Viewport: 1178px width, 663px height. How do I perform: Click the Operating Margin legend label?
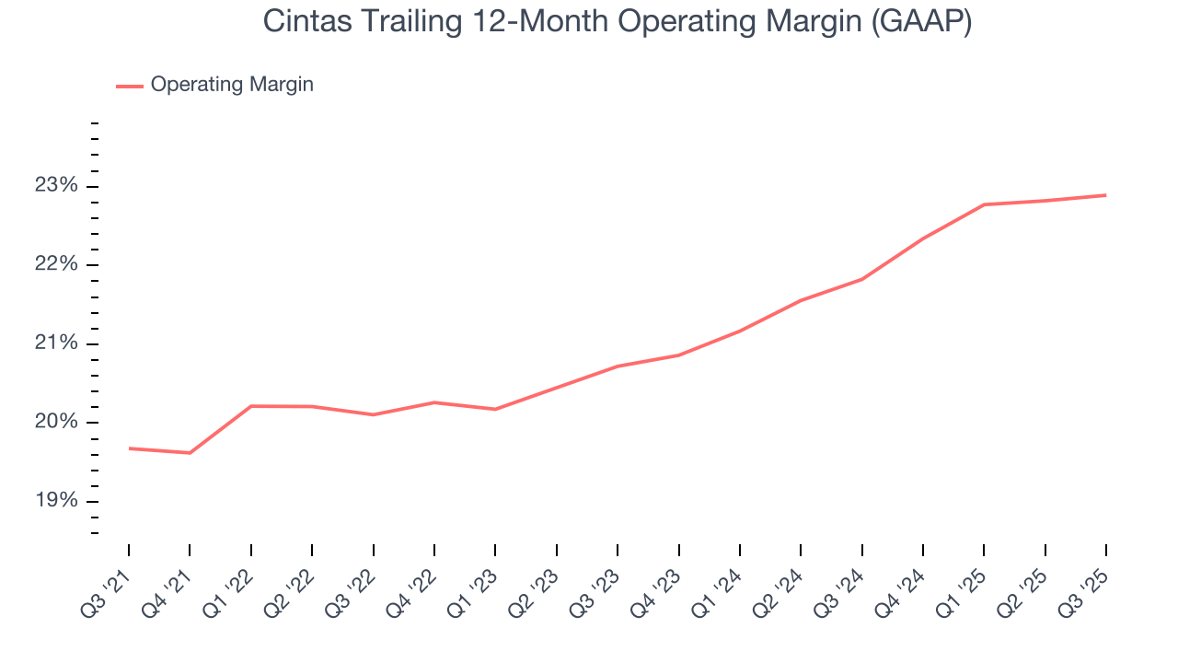(232, 85)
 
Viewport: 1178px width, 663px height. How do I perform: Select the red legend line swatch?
(129, 86)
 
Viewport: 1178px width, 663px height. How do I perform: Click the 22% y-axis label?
(56, 265)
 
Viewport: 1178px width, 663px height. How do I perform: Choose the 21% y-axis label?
(56, 344)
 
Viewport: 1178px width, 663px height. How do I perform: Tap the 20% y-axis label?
(56, 423)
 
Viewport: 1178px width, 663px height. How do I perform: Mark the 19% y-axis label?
(56, 502)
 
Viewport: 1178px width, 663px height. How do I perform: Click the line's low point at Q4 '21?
(190, 453)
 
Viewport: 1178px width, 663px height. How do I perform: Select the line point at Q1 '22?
(251, 406)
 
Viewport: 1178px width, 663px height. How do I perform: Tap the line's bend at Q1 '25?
(984, 204)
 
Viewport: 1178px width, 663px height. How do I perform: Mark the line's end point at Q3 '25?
(1105, 195)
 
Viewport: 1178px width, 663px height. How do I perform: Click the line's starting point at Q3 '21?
(129, 448)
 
